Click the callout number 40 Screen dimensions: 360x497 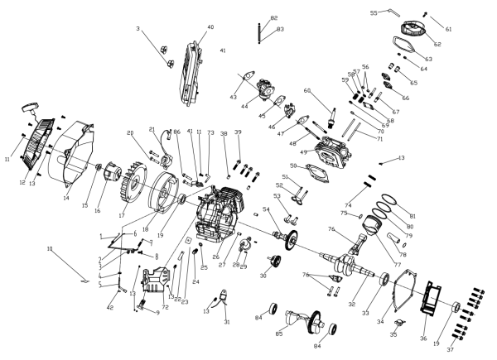(x=210, y=27)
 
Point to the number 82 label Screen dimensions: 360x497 (x=273, y=17)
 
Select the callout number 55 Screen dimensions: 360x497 (x=374, y=13)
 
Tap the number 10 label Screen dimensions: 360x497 (x=49, y=248)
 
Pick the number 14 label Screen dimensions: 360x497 (x=65, y=199)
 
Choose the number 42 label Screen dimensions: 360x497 (x=109, y=308)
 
